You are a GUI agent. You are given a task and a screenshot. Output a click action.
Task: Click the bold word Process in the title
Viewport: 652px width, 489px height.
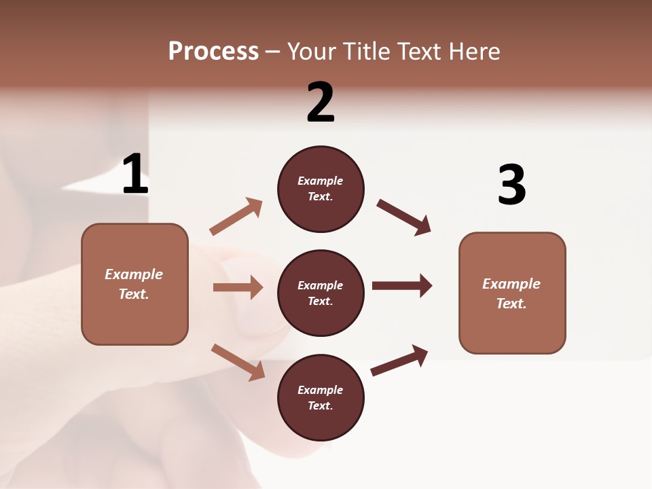(x=213, y=52)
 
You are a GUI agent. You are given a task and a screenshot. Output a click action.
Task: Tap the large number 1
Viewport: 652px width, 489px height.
(x=135, y=175)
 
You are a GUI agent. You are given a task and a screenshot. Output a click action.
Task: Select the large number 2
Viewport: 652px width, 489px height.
(x=321, y=103)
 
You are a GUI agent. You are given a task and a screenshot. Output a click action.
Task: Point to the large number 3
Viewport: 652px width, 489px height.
(x=511, y=185)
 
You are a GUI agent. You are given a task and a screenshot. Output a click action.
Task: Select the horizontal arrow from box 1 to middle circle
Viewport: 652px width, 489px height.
(x=238, y=287)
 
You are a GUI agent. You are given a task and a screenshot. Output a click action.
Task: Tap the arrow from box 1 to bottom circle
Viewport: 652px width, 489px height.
(x=238, y=362)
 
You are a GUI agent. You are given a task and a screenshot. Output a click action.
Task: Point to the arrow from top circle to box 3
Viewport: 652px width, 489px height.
(x=404, y=217)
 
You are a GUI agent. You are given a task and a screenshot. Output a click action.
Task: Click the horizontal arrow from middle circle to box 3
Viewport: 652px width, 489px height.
(x=402, y=285)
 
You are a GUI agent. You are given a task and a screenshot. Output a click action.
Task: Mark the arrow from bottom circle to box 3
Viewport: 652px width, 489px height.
(x=399, y=360)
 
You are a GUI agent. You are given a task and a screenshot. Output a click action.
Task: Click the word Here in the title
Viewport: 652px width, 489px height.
(x=474, y=52)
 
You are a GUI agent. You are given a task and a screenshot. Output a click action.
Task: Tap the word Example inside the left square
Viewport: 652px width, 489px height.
(x=134, y=274)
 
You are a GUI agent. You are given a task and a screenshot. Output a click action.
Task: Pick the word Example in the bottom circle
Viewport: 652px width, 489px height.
(x=320, y=390)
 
